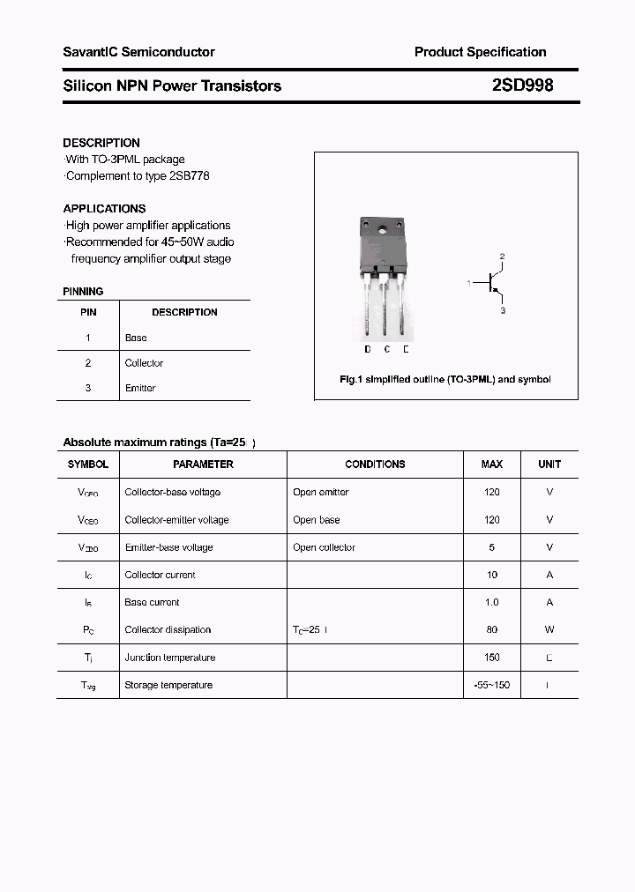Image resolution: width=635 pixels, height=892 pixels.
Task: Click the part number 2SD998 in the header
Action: pyautogui.click(x=522, y=85)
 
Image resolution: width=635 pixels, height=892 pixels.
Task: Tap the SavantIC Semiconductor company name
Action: pyautogui.click(x=138, y=52)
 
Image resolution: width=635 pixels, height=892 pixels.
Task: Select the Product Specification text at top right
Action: pyautogui.click(x=480, y=52)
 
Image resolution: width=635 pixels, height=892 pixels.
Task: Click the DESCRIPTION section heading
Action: pyautogui.click(x=101, y=143)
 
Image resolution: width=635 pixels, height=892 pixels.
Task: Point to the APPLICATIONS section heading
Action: pyautogui.click(x=104, y=209)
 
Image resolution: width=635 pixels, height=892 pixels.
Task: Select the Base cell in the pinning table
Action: pyautogui.click(x=136, y=338)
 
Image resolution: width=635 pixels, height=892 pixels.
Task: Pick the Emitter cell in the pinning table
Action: pyautogui.click(x=140, y=388)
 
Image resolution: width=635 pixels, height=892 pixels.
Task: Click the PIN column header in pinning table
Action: pyautogui.click(x=88, y=312)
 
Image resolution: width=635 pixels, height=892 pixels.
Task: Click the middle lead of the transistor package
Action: pyautogui.click(x=385, y=308)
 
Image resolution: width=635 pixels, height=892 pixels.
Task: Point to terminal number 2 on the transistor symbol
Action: pyautogui.click(x=502, y=256)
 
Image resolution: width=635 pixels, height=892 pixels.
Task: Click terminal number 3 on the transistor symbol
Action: pyautogui.click(x=503, y=311)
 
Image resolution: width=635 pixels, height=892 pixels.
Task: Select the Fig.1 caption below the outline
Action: pyautogui.click(x=445, y=379)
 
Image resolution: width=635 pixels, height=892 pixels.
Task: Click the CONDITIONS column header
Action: pyautogui.click(x=375, y=464)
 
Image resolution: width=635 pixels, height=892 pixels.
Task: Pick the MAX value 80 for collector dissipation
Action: pyautogui.click(x=491, y=629)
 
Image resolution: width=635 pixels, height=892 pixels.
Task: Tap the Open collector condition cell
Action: pyautogui.click(x=324, y=547)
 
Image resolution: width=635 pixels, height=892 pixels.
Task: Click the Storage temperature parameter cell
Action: pyautogui.click(x=168, y=685)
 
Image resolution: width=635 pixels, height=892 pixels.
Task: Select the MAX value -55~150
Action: pyautogui.click(x=491, y=685)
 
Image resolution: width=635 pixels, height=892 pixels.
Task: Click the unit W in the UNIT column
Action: pyautogui.click(x=549, y=629)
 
